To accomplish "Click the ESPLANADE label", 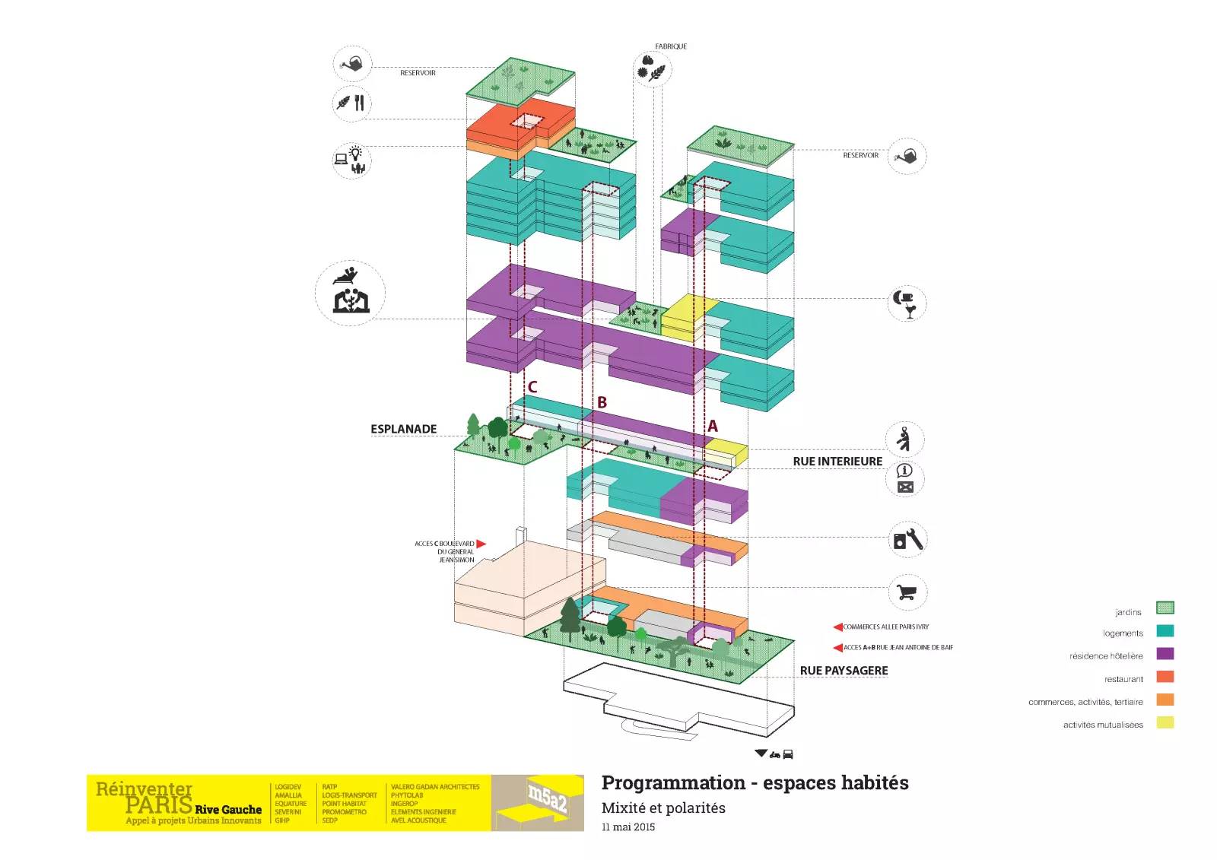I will tap(403, 429).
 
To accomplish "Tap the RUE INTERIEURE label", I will tap(837, 462).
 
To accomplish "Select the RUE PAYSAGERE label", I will tap(844, 671).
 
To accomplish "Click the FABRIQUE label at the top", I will tap(670, 46).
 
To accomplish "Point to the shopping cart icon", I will tap(907, 592).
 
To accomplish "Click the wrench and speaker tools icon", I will tap(907, 540).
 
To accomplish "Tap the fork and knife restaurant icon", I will tap(351, 103).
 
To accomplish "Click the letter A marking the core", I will tap(712, 427).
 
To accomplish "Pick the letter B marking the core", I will tap(602, 402).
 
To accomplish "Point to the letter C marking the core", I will tap(532, 387).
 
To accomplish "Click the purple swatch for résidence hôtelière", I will tap(1165, 654).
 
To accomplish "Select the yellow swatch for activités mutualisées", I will tap(1165, 722).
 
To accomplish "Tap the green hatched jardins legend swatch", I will tap(1165, 608).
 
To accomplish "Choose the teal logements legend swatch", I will tap(1165, 630).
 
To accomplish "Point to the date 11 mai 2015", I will tap(628, 827).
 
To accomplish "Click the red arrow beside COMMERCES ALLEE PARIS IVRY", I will tap(837, 627).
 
